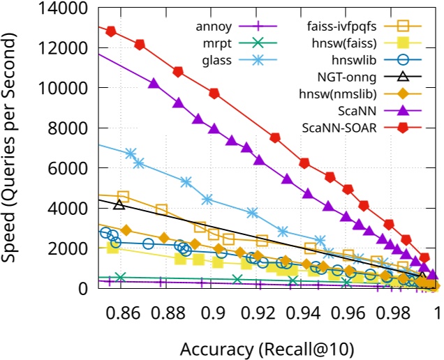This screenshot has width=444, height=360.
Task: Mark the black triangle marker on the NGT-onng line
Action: pos(119,204)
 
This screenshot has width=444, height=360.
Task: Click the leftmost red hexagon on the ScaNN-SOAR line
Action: pos(110,31)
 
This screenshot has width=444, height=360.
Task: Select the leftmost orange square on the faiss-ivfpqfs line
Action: pos(124,197)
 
